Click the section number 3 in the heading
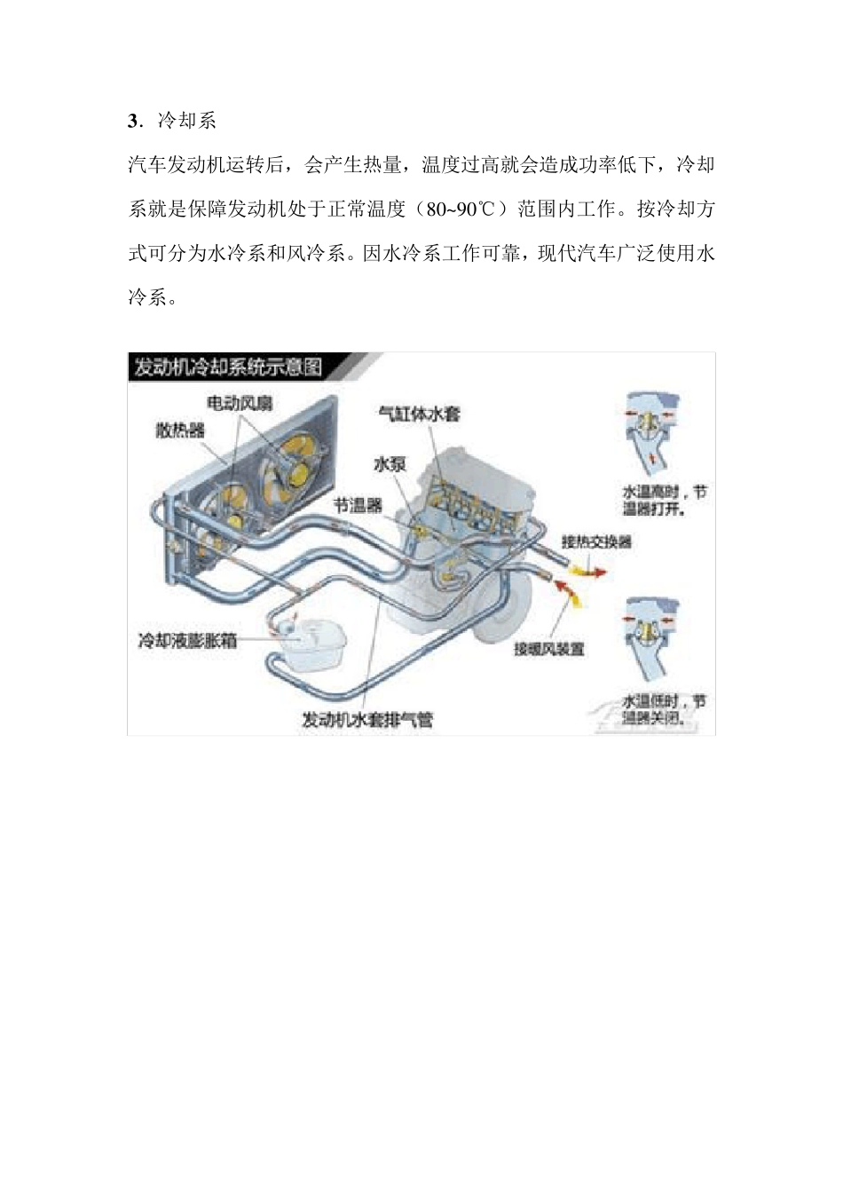[134, 121]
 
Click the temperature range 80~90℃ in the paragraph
[461, 209]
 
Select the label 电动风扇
[240, 403]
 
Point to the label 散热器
[180, 431]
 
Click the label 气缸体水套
[419, 414]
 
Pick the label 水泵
[390, 463]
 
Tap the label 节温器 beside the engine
[358, 505]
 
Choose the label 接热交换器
[596, 541]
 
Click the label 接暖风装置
[549, 649]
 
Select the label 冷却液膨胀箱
[187, 640]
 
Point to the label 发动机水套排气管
[367, 719]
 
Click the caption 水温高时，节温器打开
[665, 501]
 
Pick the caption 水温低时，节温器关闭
[665, 709]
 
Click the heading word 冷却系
[187, 121]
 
